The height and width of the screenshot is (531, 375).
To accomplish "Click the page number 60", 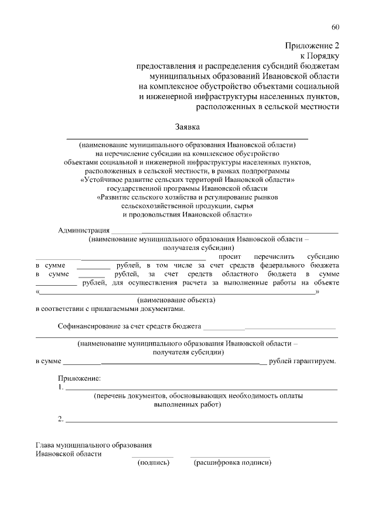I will coord(335,27).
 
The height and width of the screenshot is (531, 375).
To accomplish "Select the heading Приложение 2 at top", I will coord(312,45).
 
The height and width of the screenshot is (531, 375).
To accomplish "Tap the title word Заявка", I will coord(187,127).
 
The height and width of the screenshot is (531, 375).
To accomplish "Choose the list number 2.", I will coord(61,419).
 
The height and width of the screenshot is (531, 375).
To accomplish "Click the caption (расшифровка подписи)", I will coord(232,462).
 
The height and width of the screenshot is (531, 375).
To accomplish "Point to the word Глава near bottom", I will coord(46,445).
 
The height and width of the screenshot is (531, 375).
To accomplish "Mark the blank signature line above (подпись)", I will coord(152,456).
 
